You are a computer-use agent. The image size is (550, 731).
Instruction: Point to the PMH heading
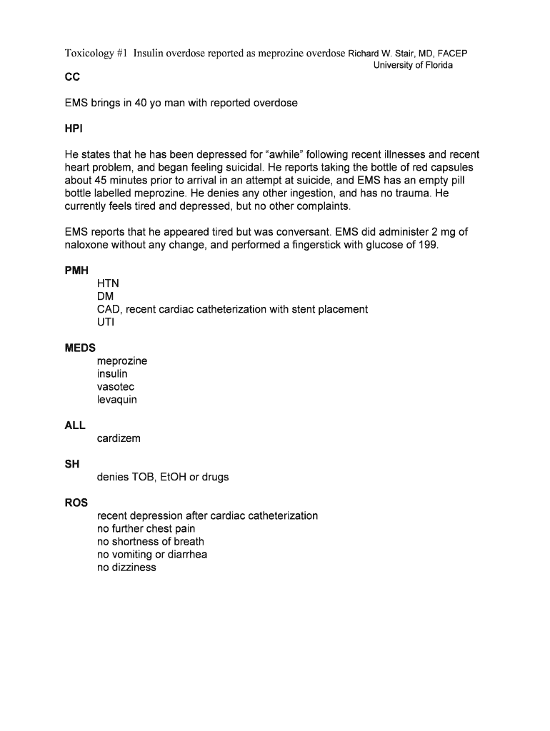click(x=77, y=271)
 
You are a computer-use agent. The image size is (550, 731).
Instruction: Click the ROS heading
click(x=76, y=503)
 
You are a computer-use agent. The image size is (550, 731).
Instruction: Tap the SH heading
click(x=72, y=464)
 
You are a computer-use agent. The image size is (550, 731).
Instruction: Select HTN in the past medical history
click(x=109, y=283)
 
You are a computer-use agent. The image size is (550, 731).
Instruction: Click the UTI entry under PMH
click(x=106, y=322)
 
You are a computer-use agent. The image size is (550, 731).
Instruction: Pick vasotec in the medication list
click(x=116, y=386)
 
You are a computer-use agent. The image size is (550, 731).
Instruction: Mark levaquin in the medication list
click(x=117, y=399)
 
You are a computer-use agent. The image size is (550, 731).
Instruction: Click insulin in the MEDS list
click(x=112, y=373)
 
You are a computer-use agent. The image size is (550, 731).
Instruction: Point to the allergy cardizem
click(x=119, y=438)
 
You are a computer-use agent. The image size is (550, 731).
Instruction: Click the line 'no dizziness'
click(x=126, y=567)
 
